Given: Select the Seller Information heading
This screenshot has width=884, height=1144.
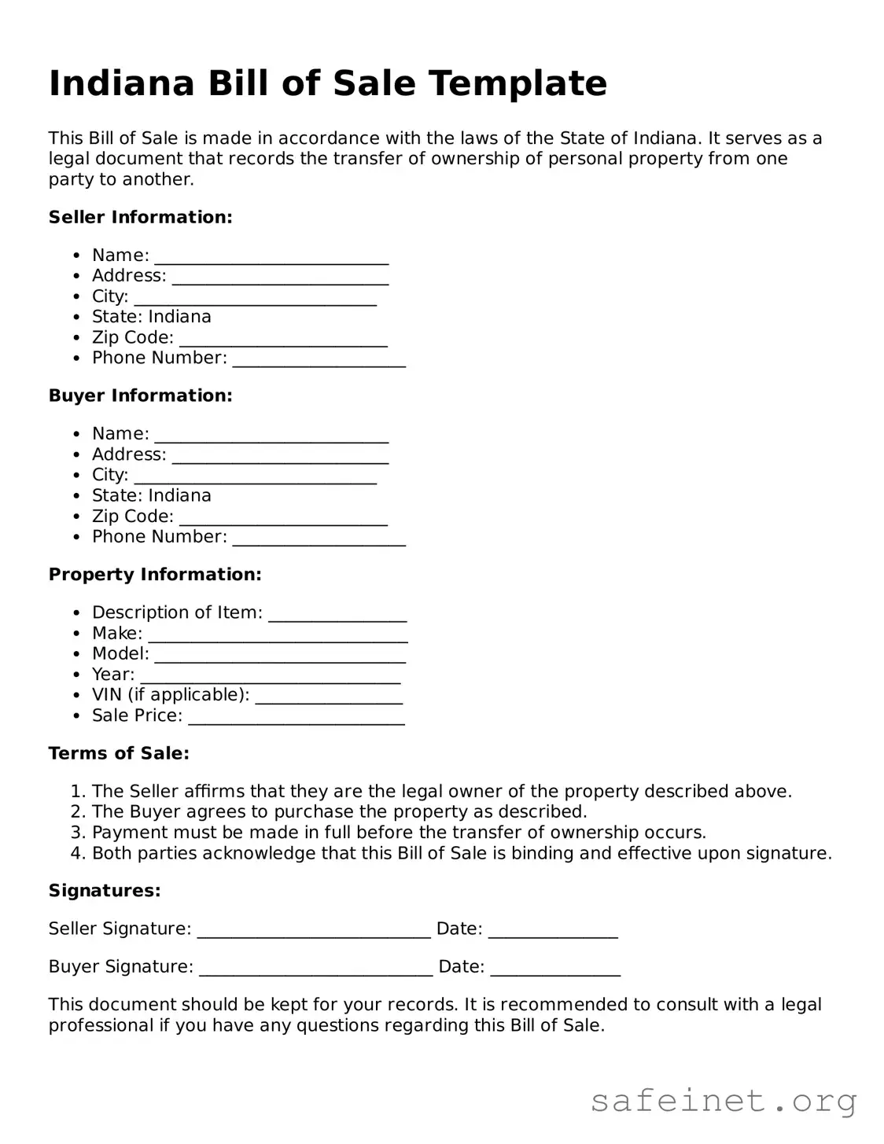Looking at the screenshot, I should [140, 217].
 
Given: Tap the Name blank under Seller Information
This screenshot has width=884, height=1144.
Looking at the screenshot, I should [271, 258].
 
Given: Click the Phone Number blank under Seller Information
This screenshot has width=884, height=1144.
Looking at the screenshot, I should [319, 360].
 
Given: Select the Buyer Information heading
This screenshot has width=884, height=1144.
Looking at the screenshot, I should [140, 395].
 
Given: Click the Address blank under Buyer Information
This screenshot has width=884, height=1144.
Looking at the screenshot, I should [280, 457].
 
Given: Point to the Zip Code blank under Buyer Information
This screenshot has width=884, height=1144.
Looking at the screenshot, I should [283, 519].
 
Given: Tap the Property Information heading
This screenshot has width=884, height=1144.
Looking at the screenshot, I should [155, 575].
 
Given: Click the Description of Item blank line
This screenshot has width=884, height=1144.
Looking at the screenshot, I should [337, 615].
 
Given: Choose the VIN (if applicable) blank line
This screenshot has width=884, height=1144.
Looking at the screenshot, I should [329, 697].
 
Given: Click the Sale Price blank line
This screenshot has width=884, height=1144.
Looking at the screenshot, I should [297, 718].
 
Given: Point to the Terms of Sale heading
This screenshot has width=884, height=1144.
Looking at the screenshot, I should [119, 753].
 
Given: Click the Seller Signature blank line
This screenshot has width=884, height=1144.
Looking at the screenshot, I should [314, 931].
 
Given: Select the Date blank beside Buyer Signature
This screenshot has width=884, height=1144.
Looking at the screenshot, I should [555, 969].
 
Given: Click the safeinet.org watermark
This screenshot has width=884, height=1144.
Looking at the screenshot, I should [723, 1101].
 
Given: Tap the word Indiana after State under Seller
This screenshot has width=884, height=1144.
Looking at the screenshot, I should [179, 317].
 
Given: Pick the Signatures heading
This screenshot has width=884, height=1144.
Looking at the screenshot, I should [105, 891].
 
